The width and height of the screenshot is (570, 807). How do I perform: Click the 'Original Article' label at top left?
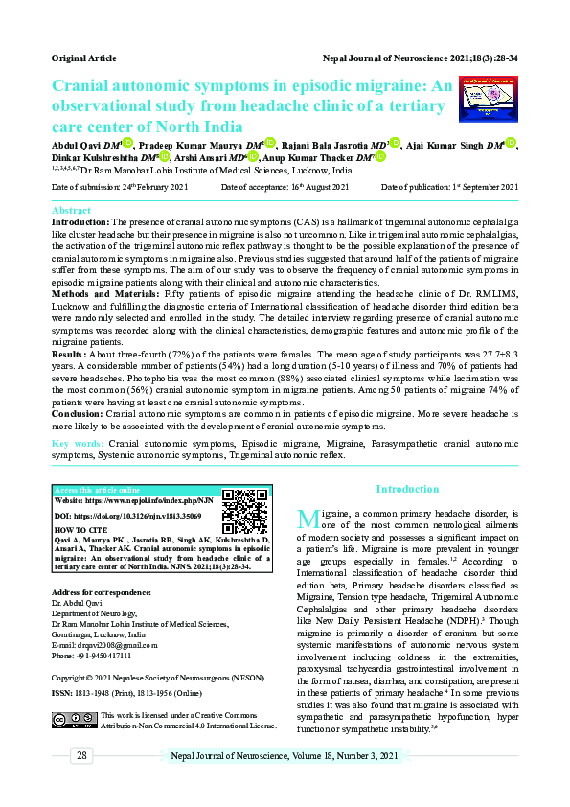tap(83, 58)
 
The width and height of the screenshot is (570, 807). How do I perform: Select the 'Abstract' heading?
tap(71, 210)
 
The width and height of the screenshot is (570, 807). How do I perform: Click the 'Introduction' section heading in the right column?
tap(407, 489)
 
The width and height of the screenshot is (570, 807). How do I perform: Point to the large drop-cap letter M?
tap(308, 519)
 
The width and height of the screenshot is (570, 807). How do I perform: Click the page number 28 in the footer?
tap(82, 756)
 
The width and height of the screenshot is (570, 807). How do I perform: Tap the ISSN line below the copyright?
tap(135, 692)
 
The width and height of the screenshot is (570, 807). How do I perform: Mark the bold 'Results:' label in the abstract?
tap(70, 354)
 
